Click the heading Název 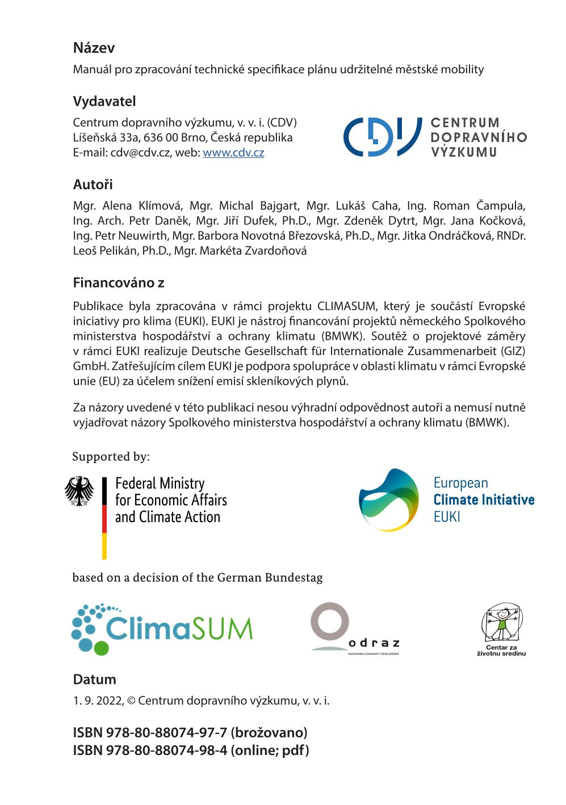click(94, 48)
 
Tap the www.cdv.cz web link click(233, 152)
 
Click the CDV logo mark click(382, 137)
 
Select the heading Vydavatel click(104, 102)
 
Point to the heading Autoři click(93, 185)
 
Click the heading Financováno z click(119, 283)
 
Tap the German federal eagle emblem click(79, 491)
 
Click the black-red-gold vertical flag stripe click(104, 518)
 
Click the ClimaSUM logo click(162, 629)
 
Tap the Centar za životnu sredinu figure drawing click(501, 623)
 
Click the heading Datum click(94, 679)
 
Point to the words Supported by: click(111, 457)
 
